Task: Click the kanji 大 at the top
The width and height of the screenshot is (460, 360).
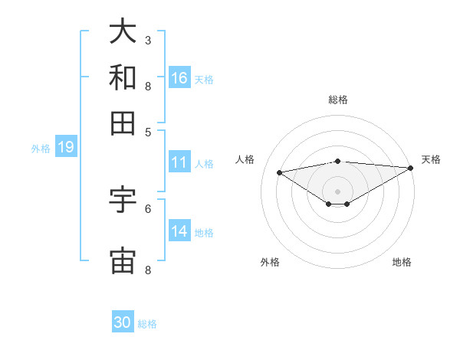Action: click(123, 31)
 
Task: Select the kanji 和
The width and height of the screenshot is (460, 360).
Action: click(123, 77)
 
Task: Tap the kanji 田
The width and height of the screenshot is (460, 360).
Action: click(123, 123)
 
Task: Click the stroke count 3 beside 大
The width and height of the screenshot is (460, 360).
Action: click(148, 40)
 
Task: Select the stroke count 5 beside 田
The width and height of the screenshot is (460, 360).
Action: click(148, 131)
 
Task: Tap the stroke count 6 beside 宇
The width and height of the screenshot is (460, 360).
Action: click(148, 208)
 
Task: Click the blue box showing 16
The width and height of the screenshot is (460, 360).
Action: click(179, 77)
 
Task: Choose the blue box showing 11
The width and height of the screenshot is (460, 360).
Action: click(179, 162)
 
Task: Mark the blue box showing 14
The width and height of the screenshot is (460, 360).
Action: click(179, 231)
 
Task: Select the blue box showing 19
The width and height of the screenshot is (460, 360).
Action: click(65, 147)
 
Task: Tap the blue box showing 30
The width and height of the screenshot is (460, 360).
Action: click(123, 322)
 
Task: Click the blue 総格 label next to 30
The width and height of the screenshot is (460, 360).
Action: click(147, 324)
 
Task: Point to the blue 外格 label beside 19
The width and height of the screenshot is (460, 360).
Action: click(41, 149)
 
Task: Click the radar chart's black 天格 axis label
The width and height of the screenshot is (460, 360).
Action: click(431, 159)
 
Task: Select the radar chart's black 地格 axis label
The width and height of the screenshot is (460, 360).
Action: click(402, 262)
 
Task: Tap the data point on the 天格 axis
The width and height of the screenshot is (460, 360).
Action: click(411, 168)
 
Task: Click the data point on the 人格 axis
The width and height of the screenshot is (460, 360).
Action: click(280, 172)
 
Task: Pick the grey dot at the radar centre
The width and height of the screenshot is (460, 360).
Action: click(338, 191)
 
